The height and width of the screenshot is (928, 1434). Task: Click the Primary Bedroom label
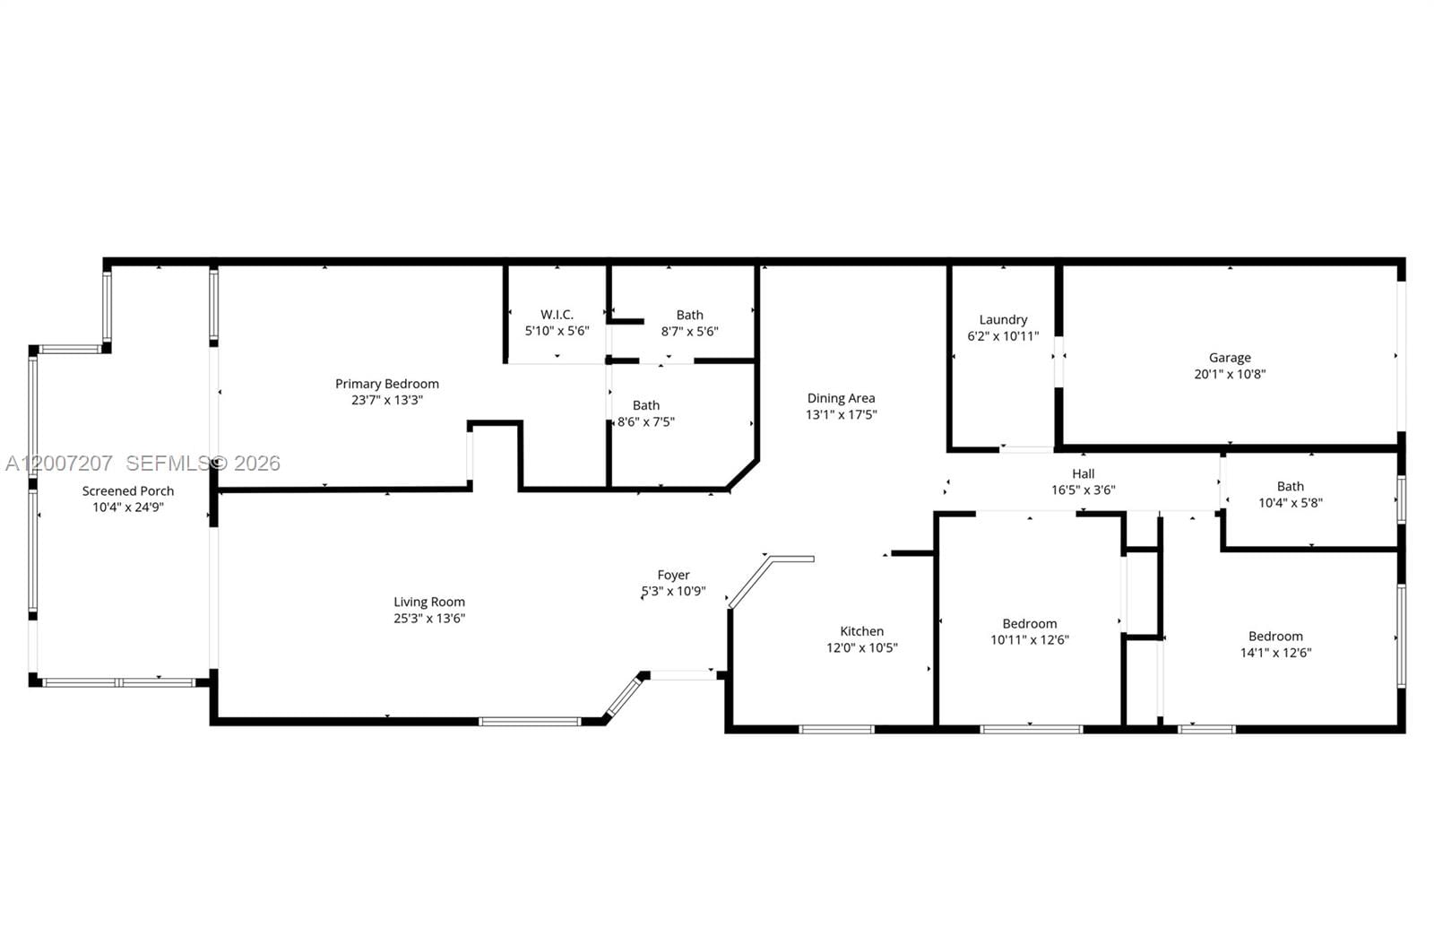[x=387, y=384]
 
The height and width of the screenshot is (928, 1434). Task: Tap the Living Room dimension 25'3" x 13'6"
[x=429, y=619]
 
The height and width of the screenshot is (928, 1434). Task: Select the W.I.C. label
[x=557, y=315]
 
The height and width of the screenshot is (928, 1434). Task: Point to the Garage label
[x=1230, y=358]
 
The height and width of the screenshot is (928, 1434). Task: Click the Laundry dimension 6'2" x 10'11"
[x=1003, y=336]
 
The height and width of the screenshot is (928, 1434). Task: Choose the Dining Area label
[x=841, y=398]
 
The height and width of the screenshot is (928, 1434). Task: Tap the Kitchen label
[x=861, y=631]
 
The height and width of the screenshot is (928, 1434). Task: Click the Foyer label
[x=673, y=576]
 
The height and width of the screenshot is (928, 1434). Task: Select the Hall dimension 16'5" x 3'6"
[x=1083, y=490]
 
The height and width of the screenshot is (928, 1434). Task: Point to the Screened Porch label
[x=128, y=490]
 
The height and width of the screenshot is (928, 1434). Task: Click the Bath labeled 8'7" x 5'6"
[x=689, y=316]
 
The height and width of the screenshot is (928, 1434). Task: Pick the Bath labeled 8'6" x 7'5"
[x=645, y=406]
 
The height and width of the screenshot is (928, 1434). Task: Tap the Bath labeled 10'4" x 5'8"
[x=1290, y=487]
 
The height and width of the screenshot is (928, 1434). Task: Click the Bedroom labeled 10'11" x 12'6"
[x=1029, y=624]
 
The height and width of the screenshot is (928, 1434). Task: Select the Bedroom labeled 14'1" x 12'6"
[x=1275, y=637]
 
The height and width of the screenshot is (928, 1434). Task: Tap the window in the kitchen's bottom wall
[x=836, y=729]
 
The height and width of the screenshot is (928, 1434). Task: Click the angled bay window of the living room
[x=624, y=698]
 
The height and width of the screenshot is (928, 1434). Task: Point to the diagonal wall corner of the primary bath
[x=743, y=475]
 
